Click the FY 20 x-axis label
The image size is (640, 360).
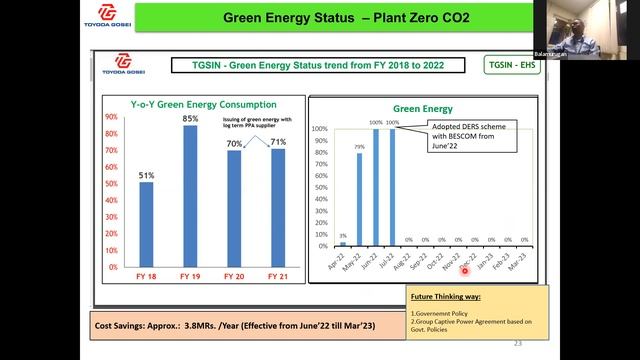[x=234, y=276]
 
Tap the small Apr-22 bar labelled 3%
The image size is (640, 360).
[x=343, y=243]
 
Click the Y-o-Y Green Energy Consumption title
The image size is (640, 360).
[x=190, y=104]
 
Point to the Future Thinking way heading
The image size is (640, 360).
[x=447, y=297]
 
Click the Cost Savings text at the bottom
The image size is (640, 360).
[x=211, y=325]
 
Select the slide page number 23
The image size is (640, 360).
[x=517, y=343]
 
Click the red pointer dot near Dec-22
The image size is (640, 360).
[x=464, y=270]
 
